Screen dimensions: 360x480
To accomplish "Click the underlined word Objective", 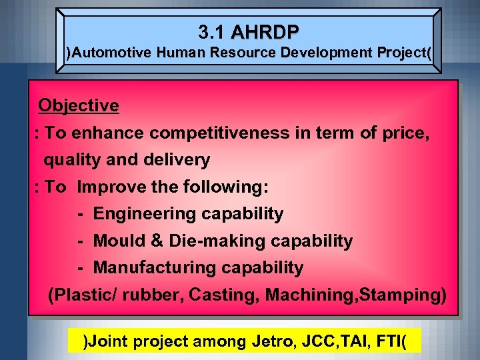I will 79,105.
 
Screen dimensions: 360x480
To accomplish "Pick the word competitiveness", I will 219,133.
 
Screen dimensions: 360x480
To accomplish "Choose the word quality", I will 70,160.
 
